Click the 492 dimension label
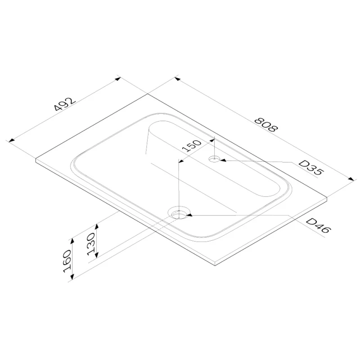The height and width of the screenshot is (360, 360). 64,104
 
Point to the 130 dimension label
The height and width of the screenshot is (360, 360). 91,244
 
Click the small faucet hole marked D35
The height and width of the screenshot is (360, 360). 214,159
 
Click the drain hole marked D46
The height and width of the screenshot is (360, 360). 179,213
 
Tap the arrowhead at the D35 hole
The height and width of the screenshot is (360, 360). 223,160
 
